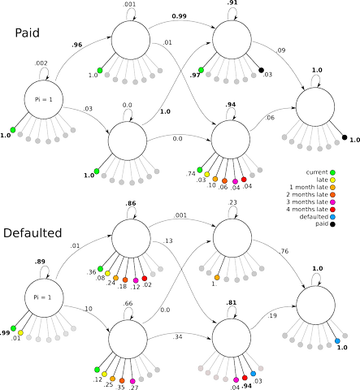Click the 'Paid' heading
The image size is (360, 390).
click(27, 32)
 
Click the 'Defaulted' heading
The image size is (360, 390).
click(33, 233)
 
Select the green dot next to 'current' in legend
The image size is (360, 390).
click(332, 172)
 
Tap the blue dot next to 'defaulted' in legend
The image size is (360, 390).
click(332, 217)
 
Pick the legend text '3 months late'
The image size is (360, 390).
click(307, 202)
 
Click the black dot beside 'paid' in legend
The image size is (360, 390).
click(332, 224)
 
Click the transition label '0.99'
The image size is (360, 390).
click(179, 16)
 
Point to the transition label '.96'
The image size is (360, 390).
click(77, 45)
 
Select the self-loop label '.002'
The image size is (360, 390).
click(41, 63)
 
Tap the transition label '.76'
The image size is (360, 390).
click(284, 251)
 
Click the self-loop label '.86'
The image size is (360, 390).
click(131, 203)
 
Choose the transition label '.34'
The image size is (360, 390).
click(177, 337)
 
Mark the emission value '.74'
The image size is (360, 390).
click(191, 174)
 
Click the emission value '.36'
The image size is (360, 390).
click(91, 272)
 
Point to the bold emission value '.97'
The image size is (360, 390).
click(195, 75)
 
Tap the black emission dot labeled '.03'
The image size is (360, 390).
click(261, 70)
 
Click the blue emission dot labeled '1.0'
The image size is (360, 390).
click(337, 341)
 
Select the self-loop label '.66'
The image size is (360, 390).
click(128, 303)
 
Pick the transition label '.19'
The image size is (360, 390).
click(272, 315)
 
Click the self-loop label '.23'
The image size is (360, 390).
click(232, 202)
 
